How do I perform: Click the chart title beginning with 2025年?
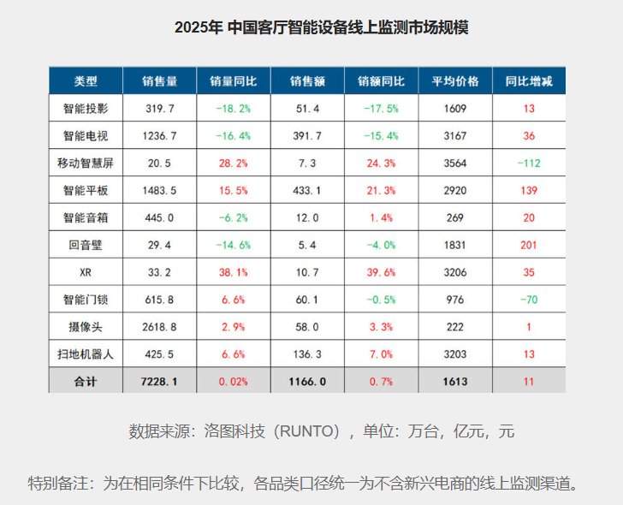(321, 27)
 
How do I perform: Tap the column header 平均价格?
(454, 82)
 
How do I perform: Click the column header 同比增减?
(529, 82)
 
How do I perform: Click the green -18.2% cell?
(233, 109)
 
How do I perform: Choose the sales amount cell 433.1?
(306, 191)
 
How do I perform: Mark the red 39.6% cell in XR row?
(381, 273)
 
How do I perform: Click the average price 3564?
(454, 163)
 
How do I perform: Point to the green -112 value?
(529, 163)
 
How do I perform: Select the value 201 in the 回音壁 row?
(529, 246)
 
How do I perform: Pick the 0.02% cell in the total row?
(233, 381)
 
